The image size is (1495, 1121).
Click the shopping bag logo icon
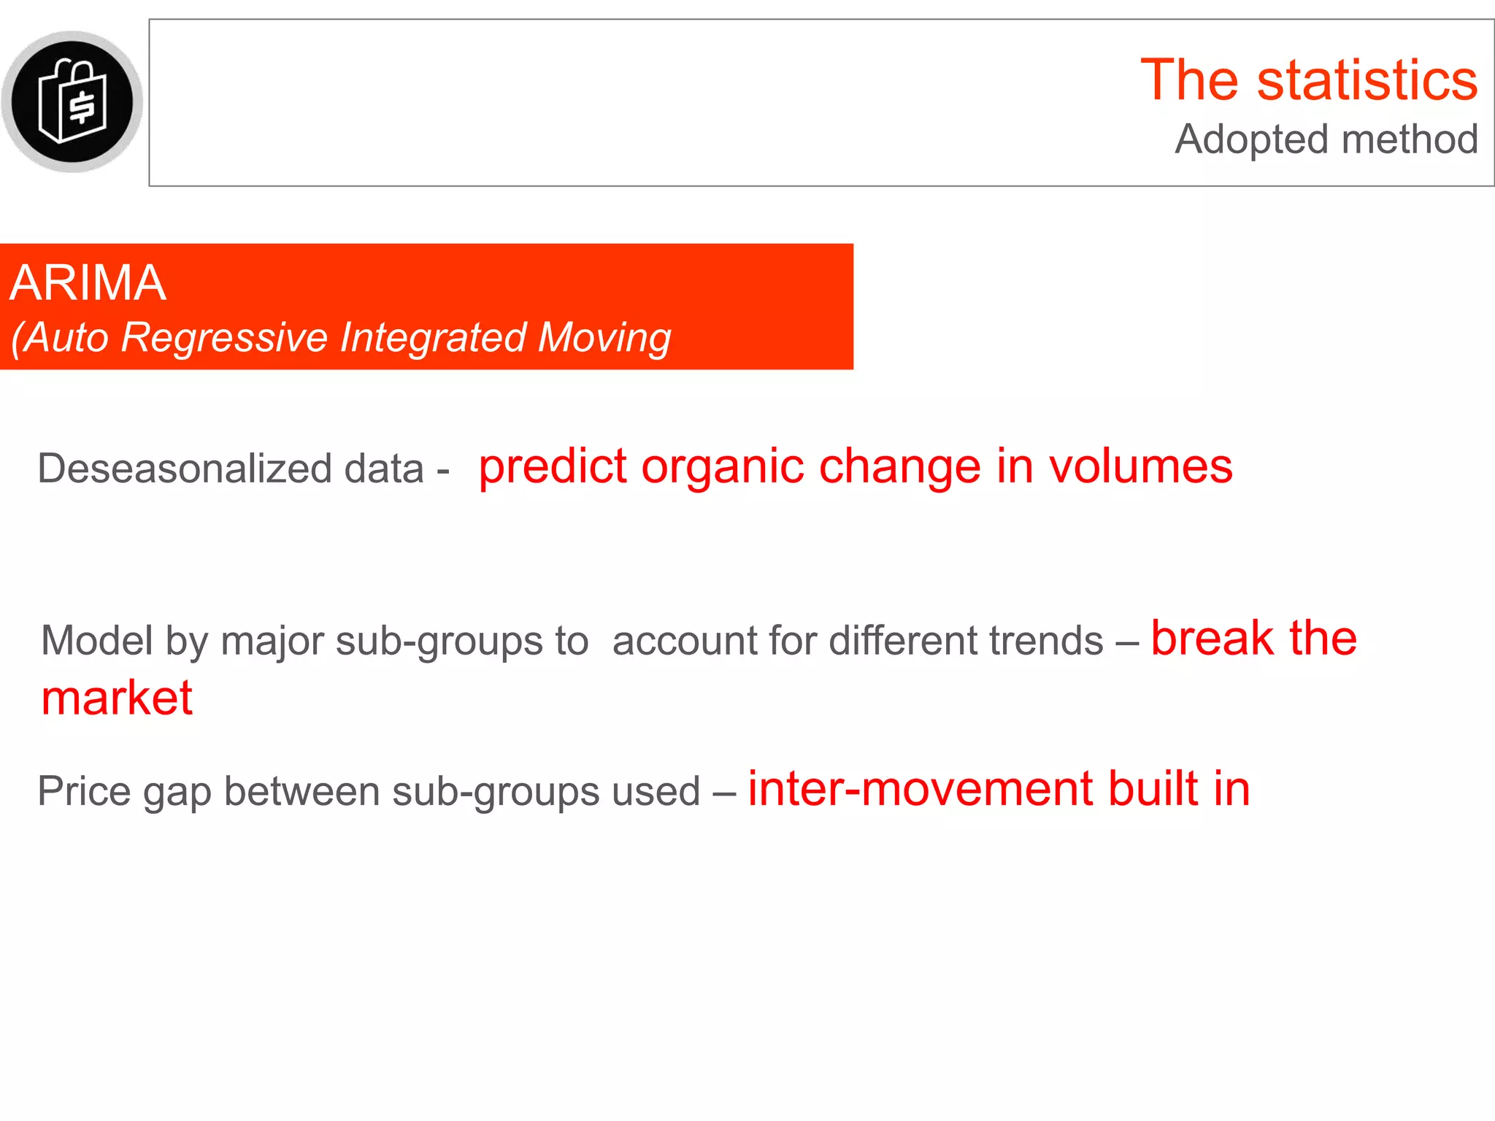click(x=72, y=101)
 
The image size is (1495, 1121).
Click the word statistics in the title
click(x=1367, y=80)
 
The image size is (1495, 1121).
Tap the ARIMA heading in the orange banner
click(x=88, y=283)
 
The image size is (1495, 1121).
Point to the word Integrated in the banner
click(x=433, y=338)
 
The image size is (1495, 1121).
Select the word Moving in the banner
click(x=604, y=338)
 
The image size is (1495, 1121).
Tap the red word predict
click(x=553, y=467)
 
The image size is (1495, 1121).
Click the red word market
click(x=117, y=698)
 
